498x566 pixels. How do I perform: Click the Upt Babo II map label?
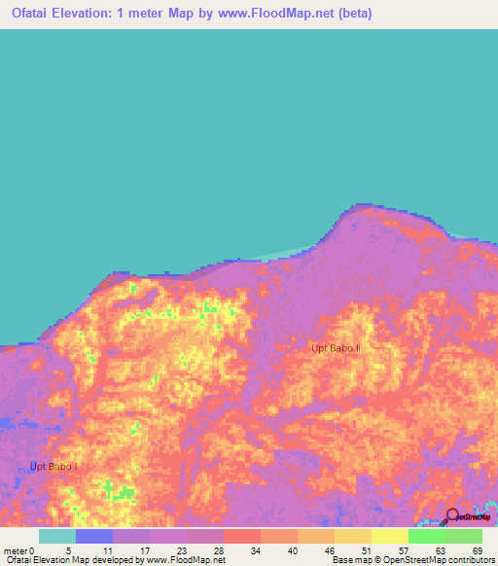click(336, 347)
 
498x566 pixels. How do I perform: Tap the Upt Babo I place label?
click(53, 467)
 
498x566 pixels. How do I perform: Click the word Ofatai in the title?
click(34, 15)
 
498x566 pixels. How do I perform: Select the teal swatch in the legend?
click(57, 536)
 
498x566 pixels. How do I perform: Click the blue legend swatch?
click(94, 536)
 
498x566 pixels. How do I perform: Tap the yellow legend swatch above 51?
click(352, 536)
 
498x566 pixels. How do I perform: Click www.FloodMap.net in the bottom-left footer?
click(184, 560)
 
